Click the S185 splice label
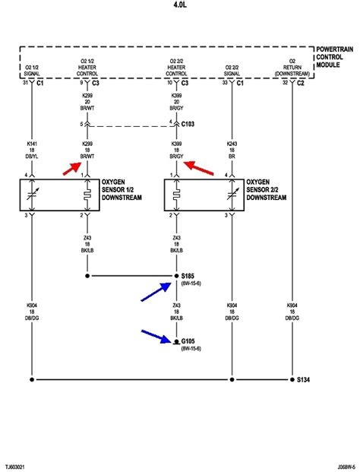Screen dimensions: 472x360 [188, 276]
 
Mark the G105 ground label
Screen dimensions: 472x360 [188, 341]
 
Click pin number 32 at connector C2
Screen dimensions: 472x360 [285, 83]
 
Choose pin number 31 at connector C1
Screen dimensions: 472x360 [24, 83]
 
